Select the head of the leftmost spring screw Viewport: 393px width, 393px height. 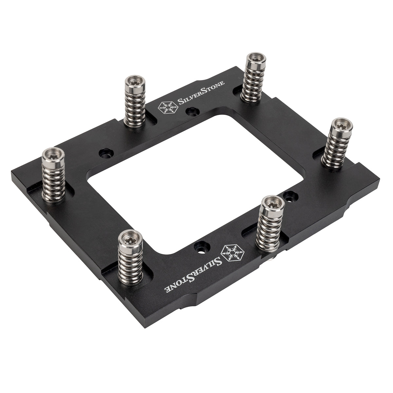click(x=53, y=153)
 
